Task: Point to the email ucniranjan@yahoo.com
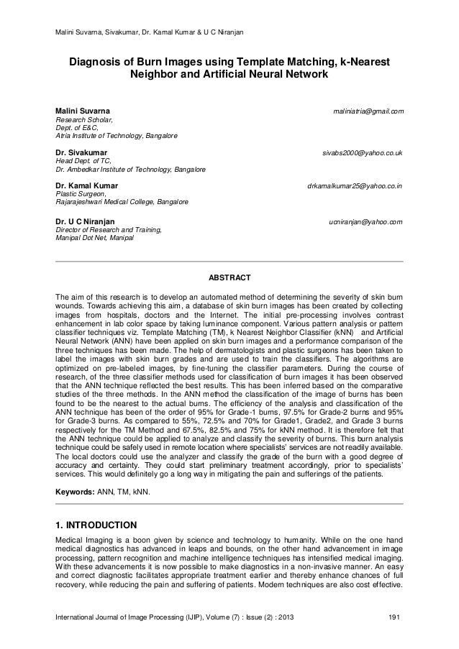pos(365,221)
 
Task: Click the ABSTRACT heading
pos(229,277)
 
